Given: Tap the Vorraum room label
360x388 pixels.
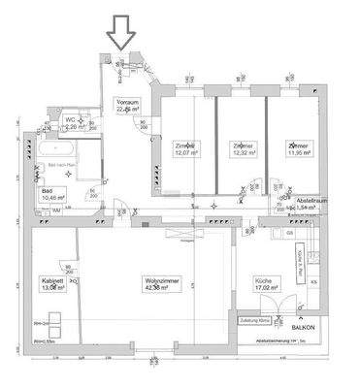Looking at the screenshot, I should pyautogui.click(x=127, y=106).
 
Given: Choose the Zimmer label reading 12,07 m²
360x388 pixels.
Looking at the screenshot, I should pyautogui.click(x=186, y=149).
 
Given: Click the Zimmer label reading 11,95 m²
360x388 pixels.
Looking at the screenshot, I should pyautogui.click(x=299, y=149).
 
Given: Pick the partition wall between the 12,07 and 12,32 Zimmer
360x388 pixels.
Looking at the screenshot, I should pyautogui.click(x=214, y=145).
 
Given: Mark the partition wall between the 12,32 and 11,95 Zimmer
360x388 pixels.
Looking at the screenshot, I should pyautogui.click(x=271, y=145).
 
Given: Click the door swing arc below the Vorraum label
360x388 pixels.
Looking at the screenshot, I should pyautogui.click(x=146, y=126).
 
